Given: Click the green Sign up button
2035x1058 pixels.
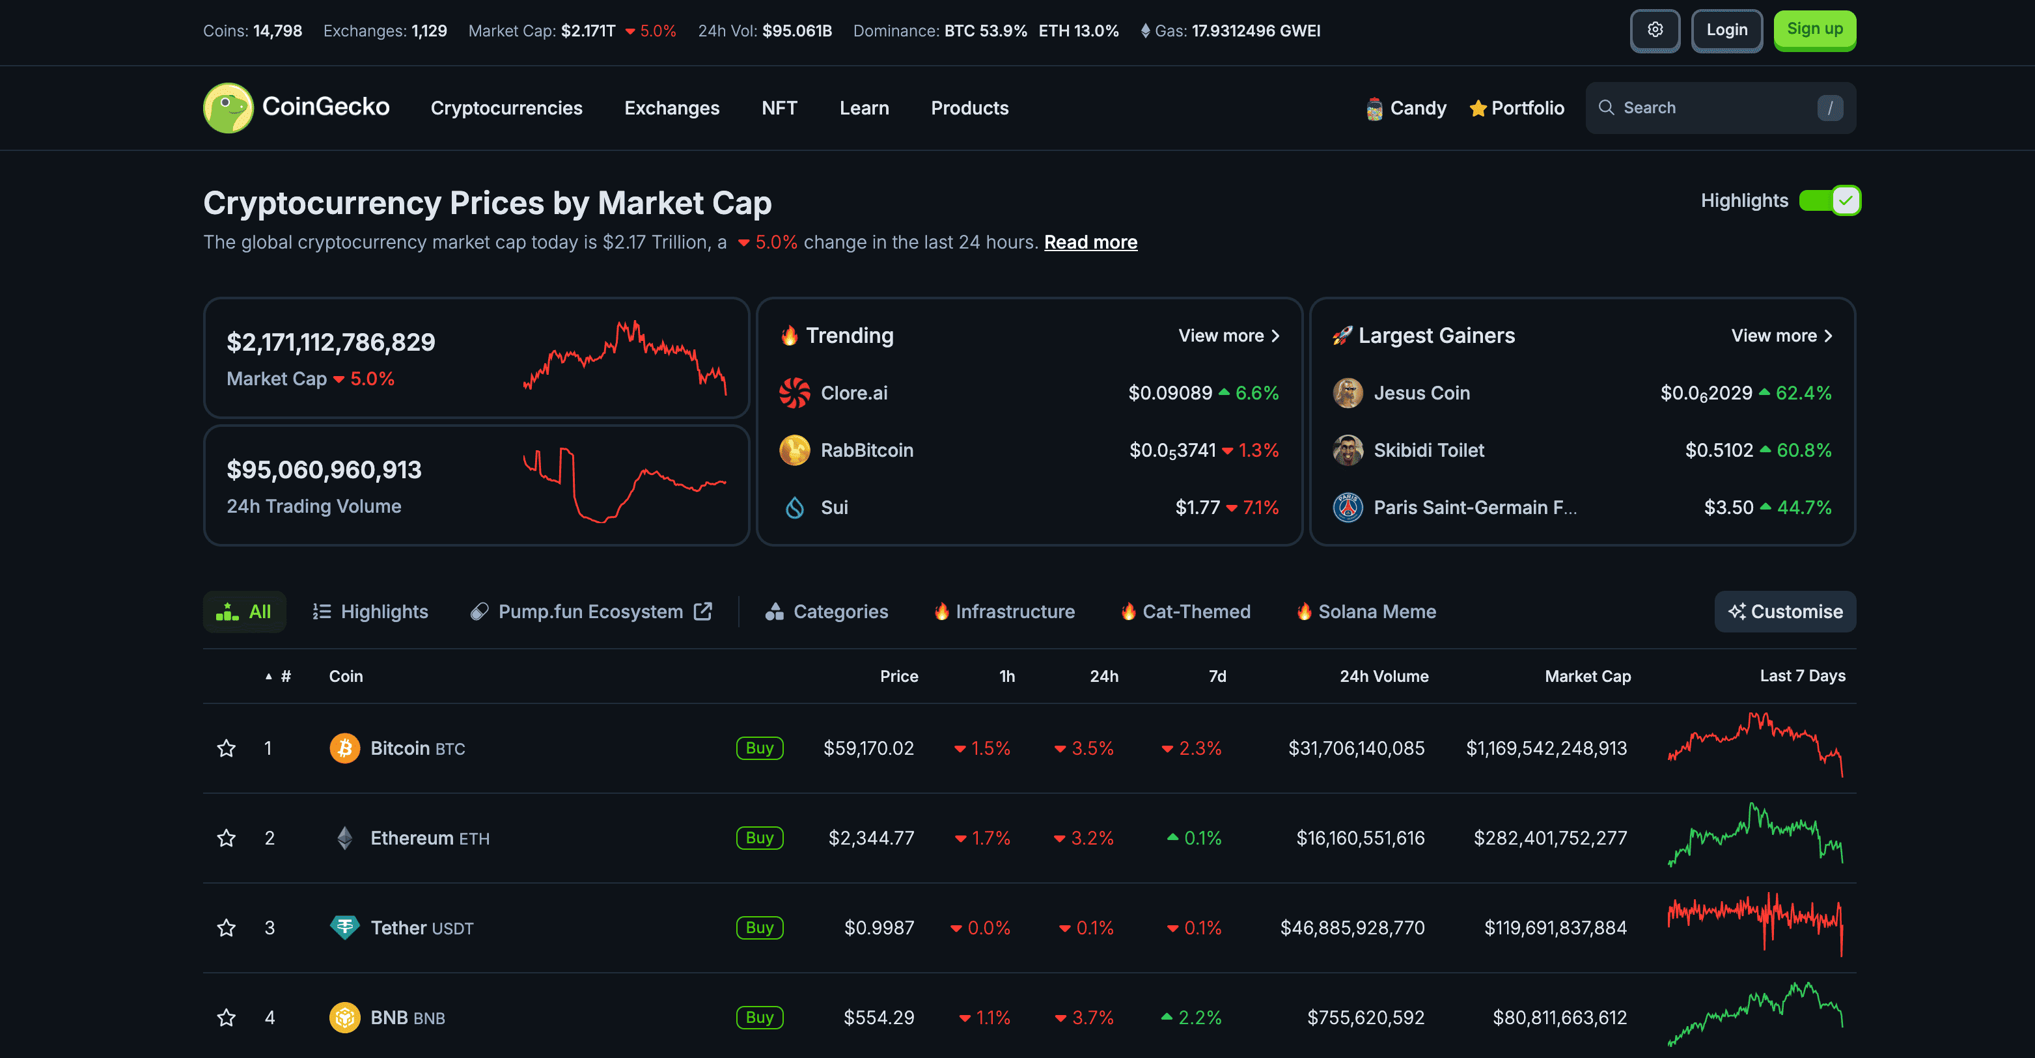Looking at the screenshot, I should (1814, 30).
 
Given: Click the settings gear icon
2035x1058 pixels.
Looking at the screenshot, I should (1655, 30).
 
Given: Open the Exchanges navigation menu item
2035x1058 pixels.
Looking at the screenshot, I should (671, 108).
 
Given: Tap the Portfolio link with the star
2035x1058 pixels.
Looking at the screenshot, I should (1517, 108).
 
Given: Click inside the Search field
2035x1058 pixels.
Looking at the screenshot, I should (1706, 108).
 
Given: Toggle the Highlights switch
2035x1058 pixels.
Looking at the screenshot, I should (1829, 200).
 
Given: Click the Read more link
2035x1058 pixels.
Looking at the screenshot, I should (1090, 243).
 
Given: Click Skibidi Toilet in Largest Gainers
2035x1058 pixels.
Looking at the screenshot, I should (1428, 450).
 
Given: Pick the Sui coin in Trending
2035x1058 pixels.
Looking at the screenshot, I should (833, 508).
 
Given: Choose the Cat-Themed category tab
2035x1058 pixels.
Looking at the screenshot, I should (1195, 612).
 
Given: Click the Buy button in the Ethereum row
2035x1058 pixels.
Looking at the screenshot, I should (759, 837).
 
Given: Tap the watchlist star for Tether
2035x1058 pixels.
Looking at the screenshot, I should (227, 928).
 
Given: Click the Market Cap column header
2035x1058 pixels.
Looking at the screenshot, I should (1587, 677).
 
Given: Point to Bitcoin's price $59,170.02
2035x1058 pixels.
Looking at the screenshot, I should (868, 748).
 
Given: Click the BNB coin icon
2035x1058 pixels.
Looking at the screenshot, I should (344, 1018).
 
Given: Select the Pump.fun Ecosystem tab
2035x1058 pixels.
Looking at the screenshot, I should (590, 612).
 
